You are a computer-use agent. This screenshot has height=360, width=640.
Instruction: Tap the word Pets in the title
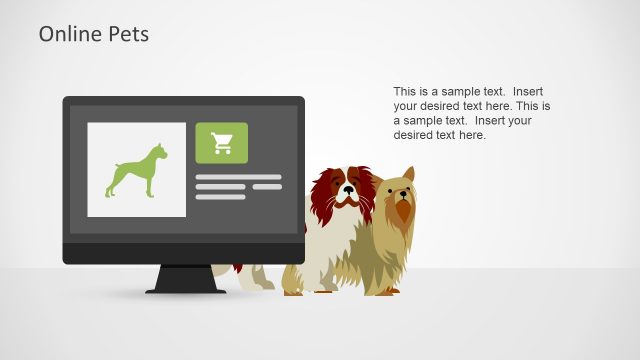127,34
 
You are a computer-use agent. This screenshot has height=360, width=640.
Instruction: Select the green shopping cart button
221,143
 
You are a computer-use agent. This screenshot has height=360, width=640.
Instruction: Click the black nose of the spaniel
347,189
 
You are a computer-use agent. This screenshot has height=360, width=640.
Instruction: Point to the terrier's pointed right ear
409,176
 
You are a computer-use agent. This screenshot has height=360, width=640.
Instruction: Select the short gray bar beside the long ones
267,187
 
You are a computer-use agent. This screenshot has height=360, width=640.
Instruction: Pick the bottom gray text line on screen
220,197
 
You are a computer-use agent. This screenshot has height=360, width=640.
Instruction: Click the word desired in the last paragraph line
415,135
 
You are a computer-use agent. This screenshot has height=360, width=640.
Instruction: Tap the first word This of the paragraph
406,90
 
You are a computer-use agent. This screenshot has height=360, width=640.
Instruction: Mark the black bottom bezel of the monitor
183,253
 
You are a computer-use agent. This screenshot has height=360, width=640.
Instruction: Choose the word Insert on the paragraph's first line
527,90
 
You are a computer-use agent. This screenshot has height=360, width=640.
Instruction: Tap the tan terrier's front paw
386,291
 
